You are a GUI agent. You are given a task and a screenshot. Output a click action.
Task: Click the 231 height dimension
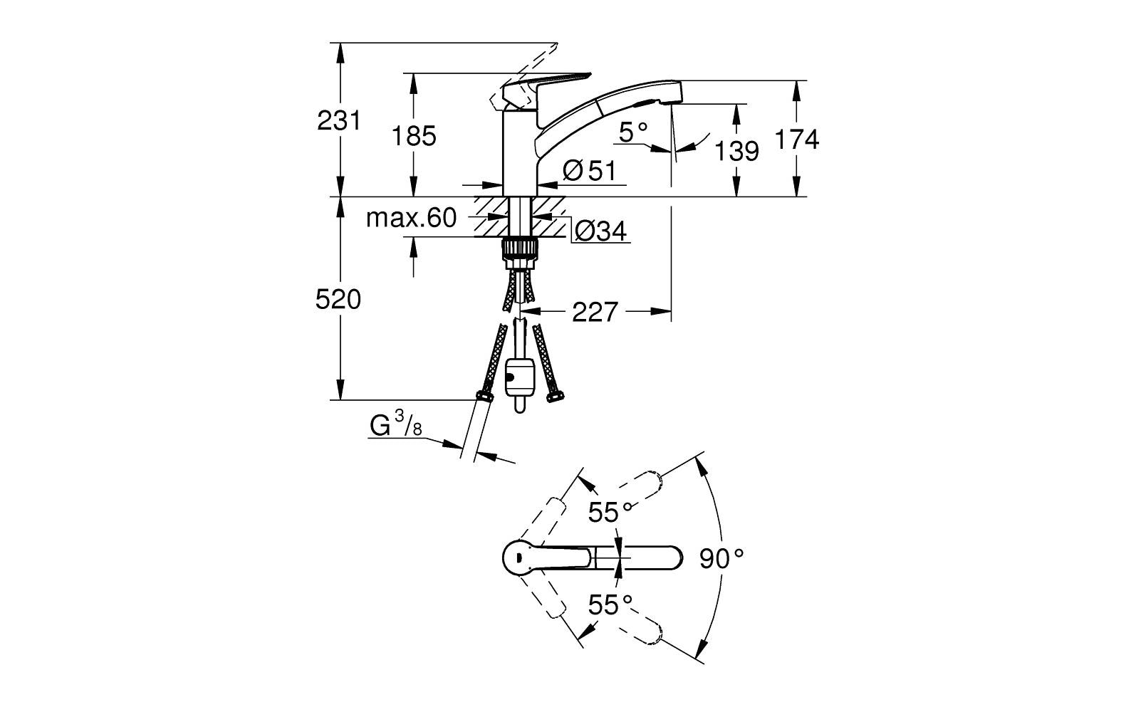[339, 121]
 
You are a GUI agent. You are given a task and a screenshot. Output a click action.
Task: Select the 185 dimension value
[414, 135]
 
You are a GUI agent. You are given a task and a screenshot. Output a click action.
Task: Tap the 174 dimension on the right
[796, 140]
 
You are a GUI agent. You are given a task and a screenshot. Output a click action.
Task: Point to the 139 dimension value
[736, 151]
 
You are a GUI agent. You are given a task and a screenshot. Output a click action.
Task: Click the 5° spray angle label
[633, 132]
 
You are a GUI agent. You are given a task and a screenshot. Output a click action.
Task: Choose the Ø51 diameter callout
[588, 170]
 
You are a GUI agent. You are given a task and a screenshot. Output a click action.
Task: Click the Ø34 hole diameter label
[600, 231]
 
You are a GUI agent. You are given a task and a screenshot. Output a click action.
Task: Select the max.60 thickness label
[411, 218]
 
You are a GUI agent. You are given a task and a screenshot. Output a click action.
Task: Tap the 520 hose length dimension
[338, 300]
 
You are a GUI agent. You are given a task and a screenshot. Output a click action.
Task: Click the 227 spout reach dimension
[595, 312]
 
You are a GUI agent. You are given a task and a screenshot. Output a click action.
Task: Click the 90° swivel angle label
[721, 558]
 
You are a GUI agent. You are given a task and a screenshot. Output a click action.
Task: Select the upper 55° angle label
[610, 511]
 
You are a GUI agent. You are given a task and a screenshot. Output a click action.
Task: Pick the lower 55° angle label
[610, 605]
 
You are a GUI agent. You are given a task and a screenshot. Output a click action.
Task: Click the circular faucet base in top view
[521, 557]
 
